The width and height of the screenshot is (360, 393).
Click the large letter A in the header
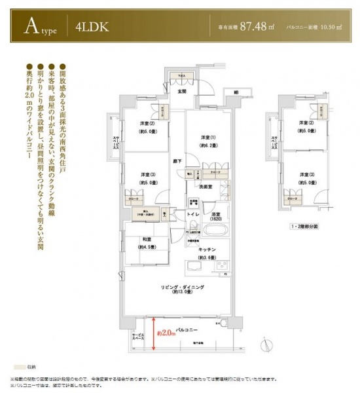[x=29, y=27]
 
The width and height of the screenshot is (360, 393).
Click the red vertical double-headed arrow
[x=154, y=331]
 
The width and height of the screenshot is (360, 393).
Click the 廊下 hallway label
[x=177, y=160]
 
